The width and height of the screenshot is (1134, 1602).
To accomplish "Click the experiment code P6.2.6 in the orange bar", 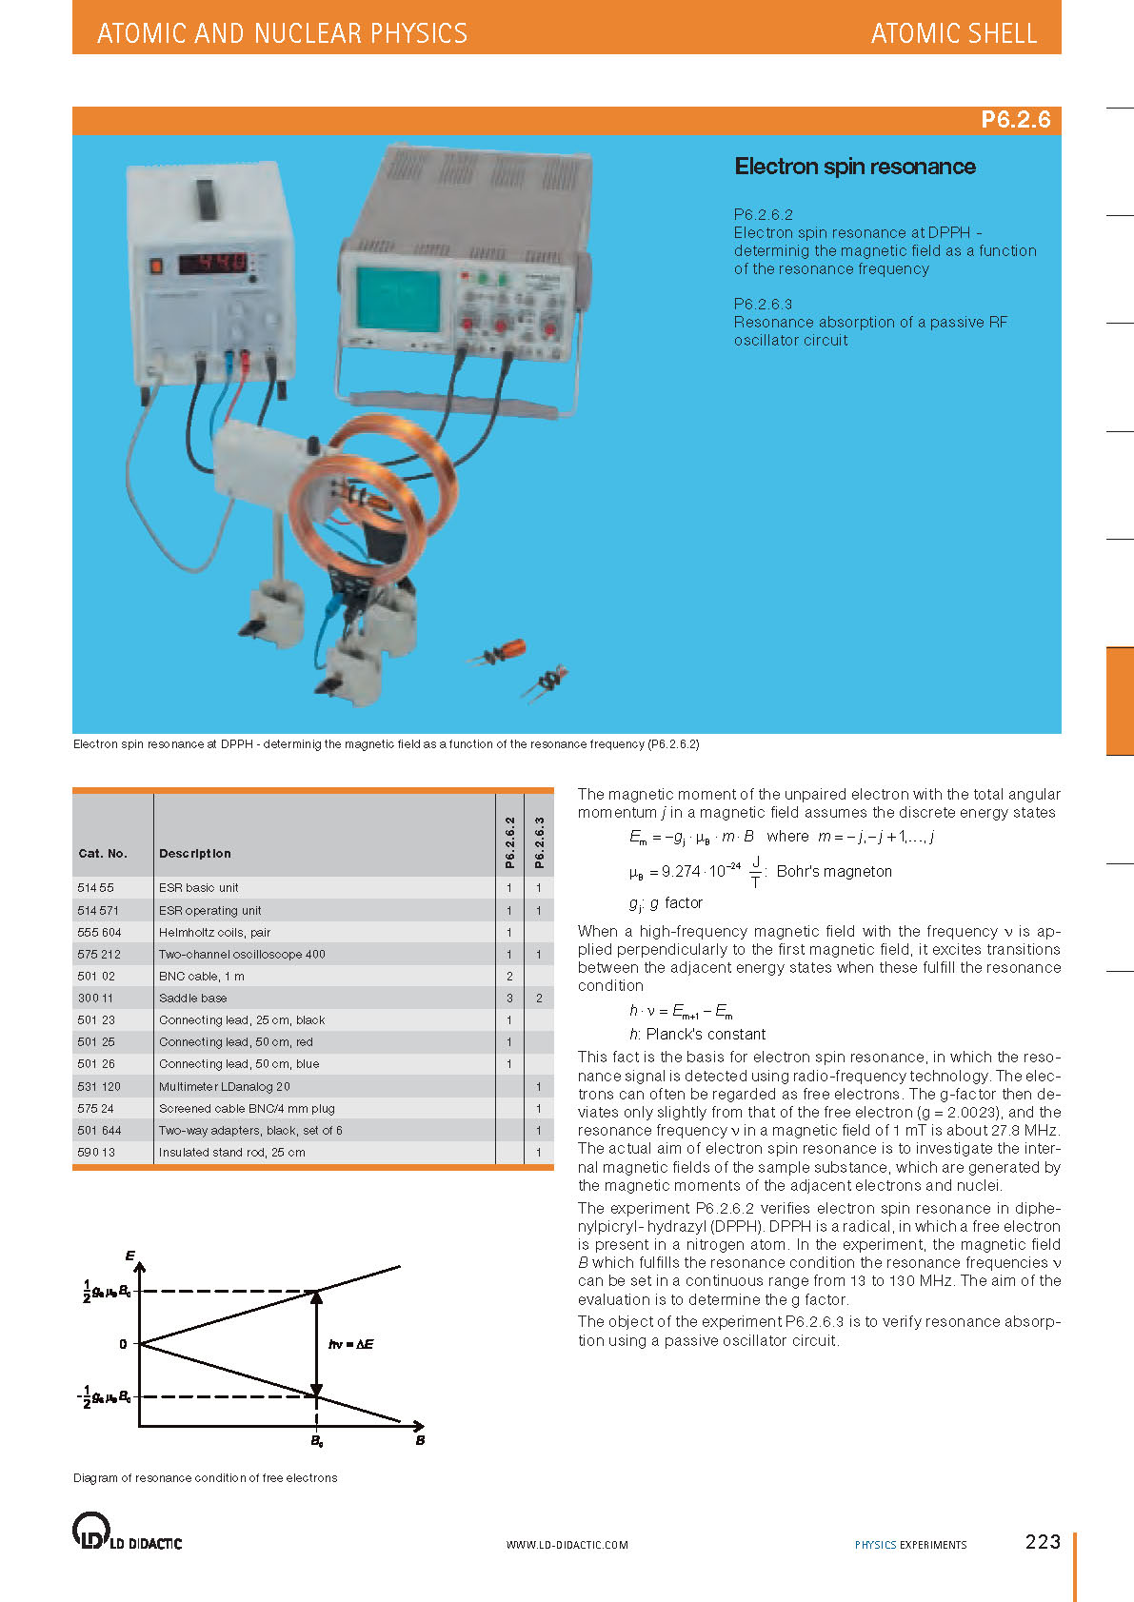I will (x=1015, y=120).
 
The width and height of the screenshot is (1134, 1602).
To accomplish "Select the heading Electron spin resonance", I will (x=854, y=167).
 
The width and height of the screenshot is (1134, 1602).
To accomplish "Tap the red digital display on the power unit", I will (x=214, y=262).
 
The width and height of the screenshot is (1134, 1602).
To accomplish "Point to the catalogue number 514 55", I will (x=95, y=887).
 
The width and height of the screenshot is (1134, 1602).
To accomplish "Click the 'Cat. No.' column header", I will (x=102, y=853).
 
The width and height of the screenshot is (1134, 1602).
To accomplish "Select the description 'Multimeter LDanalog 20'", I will (x=224, y=1086).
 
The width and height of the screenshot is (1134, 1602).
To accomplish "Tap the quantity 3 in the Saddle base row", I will (x=509, y=998).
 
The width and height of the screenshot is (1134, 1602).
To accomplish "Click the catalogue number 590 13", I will (x=96, y=1152).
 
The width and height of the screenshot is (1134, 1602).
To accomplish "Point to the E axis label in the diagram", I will (x=130, y=1256).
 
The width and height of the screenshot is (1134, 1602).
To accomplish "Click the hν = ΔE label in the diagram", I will (x=350, y=1344).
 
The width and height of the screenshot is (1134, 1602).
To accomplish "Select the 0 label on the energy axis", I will (x=123, y=1344).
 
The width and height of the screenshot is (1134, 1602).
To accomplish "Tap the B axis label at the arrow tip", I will (x=420, y=1440).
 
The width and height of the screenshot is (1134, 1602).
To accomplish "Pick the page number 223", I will (x=1043, y=1542).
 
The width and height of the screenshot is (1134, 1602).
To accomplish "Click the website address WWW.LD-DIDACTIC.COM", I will (x=567, y=1545).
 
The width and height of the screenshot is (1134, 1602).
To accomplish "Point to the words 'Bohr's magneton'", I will (x=834, y=871).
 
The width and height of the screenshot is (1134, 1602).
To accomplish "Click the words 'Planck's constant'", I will (x=706, y=1034).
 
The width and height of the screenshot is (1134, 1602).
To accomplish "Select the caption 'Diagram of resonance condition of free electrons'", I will (x=205, y=1478).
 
